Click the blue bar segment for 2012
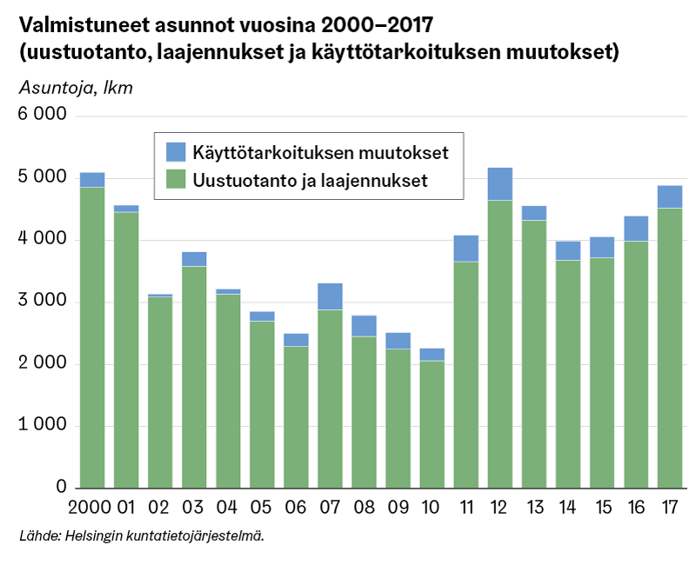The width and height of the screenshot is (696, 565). [499, 183]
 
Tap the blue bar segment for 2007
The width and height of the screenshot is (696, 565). [330, 296]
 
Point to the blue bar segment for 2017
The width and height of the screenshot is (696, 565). [669, 196]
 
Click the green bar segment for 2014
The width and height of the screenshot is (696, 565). [567, 374]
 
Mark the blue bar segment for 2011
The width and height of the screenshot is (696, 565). [465, 248]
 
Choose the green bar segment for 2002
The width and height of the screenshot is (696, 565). [160, 392]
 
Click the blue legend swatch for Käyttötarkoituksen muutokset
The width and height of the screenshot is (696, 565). [176, 153]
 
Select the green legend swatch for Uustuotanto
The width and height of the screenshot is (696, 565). [176, 181]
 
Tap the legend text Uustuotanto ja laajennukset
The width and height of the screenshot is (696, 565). [310, 181]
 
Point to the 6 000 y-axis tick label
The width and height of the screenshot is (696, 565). [43, 115]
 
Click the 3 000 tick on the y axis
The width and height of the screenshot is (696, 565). [43, 302]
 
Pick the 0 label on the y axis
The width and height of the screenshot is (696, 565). [61, 488]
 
